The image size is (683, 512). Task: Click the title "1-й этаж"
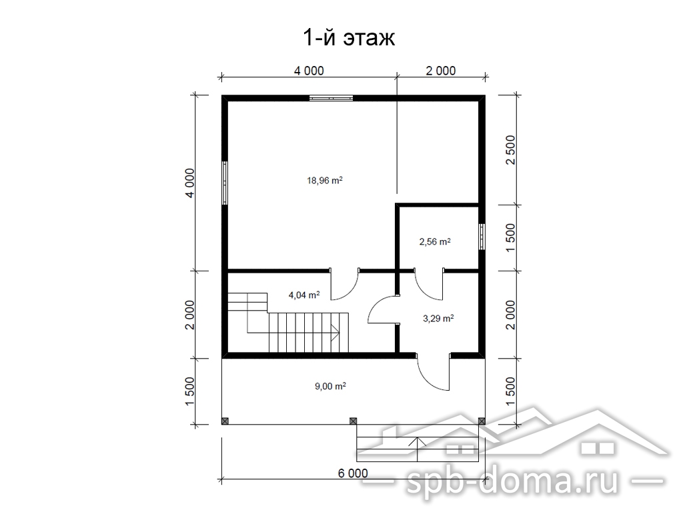point(349,38)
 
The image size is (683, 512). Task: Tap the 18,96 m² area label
point(325,180)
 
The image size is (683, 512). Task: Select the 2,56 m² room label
point(435,241)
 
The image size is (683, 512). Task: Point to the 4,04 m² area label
point(304,295)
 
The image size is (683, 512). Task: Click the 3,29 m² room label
point(438,318)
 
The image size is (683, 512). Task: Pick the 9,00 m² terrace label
point(331,386)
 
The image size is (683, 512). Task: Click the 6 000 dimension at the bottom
point(353,473)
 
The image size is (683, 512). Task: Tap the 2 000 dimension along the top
point(441,71)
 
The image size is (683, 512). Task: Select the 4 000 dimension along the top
point(309,71)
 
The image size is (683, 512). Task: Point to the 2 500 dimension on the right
point(510,150)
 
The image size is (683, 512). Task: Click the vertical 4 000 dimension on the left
point(190,183)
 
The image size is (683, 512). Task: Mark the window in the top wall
point(331,98)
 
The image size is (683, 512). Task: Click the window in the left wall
point(225,183)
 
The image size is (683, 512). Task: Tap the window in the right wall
point(482,237)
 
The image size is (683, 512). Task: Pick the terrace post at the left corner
point(225,421)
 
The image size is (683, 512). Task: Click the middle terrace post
point(354,421)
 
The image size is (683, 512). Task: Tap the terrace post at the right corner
point(482,421)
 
